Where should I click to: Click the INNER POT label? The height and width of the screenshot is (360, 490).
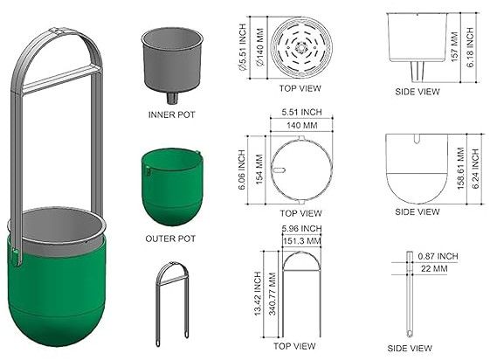(171, 114)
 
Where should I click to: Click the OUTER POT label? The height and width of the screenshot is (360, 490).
(170, 239)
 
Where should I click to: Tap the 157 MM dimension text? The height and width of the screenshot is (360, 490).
(455, 46)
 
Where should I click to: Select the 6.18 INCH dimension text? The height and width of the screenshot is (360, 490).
(471, 47)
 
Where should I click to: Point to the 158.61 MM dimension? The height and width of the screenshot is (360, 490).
(461, 169)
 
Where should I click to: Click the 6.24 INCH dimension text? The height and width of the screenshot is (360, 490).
(475, 169)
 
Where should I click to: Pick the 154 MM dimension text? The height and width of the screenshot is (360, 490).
(259, 169)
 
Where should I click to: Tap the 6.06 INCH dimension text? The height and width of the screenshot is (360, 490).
(242, 170)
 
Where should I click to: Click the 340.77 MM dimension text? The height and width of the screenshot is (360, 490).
(273, 294)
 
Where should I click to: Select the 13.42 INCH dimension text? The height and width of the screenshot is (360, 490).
(258, 294)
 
